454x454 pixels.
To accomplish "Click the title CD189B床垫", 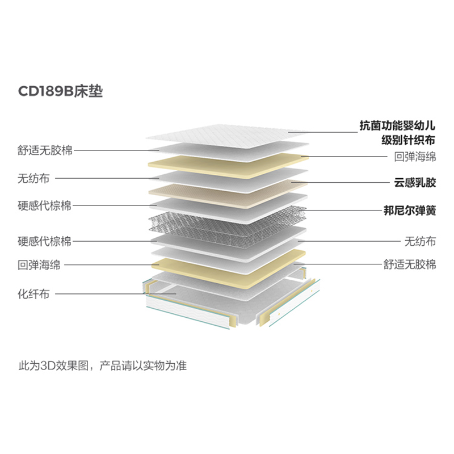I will point(61,91).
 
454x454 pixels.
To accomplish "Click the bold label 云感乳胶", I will point(415,182).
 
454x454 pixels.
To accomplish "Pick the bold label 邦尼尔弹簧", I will point(410,211).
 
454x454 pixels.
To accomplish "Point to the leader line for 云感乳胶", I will point(340,182).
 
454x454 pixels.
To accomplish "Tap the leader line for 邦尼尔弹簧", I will point(340,211).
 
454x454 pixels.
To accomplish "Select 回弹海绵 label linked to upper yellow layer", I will point(415,155).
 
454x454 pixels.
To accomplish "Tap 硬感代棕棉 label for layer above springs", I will point(44,206).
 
